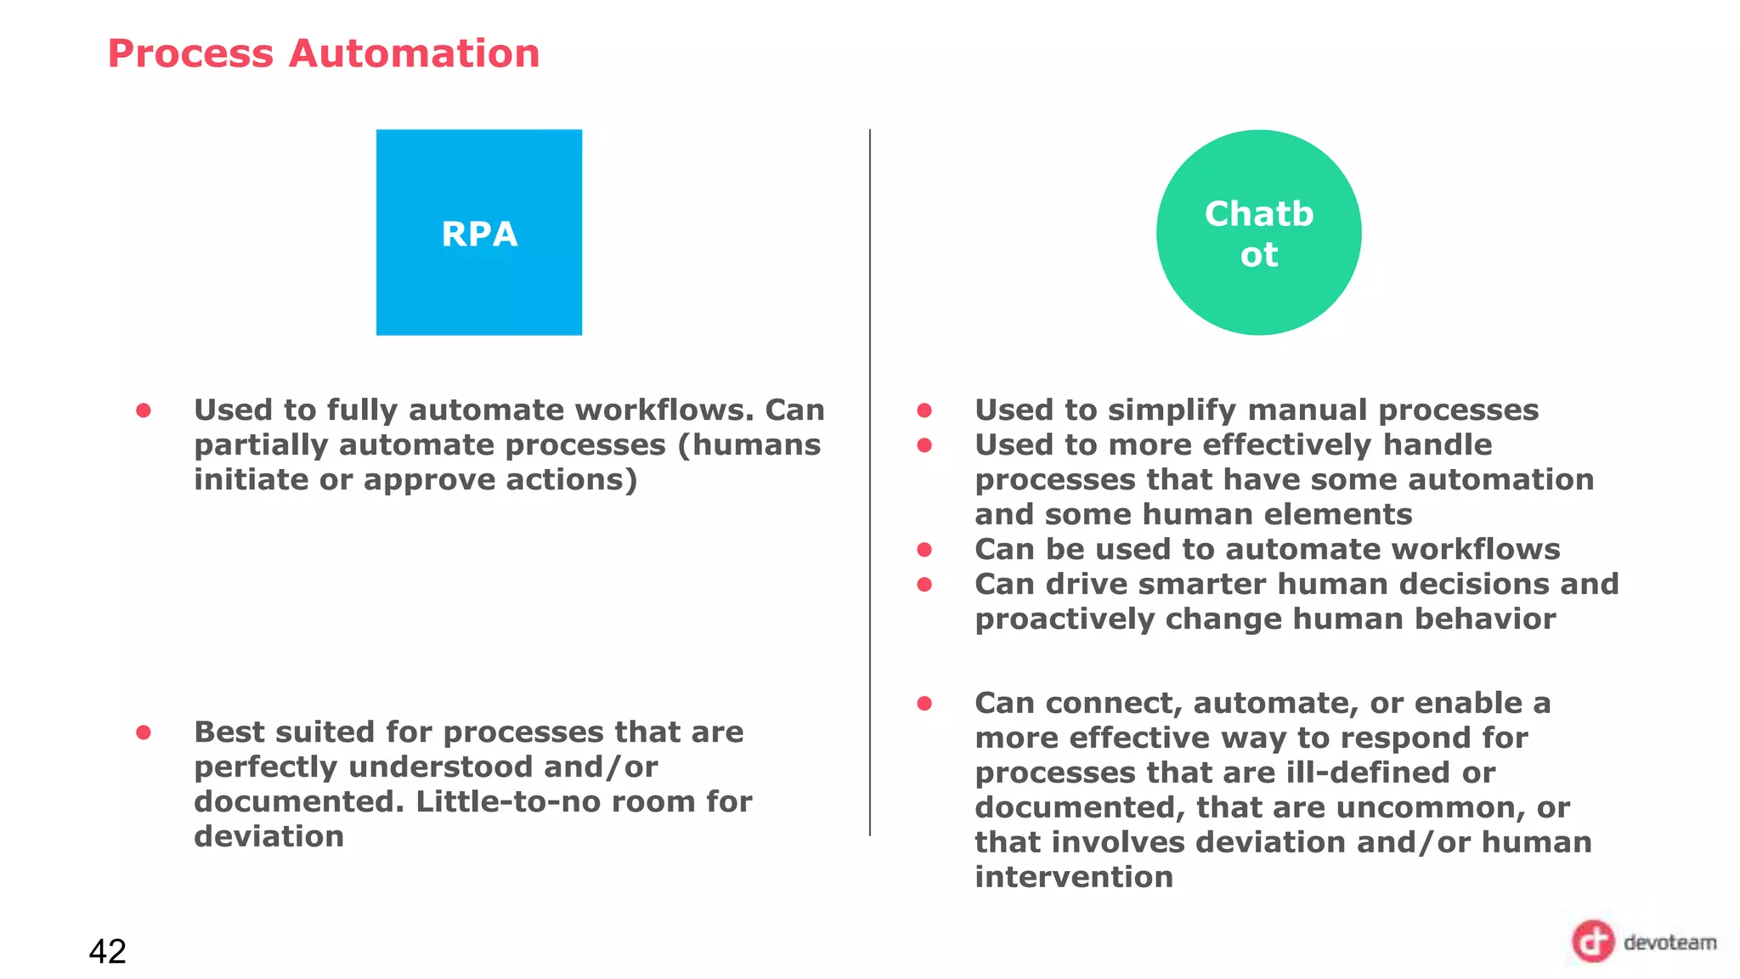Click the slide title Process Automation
tap(324, 54)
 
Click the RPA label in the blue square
tap(479, 234)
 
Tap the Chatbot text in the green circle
tap(1258, 234)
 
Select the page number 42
tap(107, 951)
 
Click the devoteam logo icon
tap(1591, 941)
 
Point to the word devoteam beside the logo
tap(1669, 942)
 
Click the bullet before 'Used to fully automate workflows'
tap(144, 410)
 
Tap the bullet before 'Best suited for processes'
tap(144, 733)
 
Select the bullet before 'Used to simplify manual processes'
tap(924, 410)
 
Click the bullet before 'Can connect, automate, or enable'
tap(924, 703)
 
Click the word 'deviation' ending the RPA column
tap(268, 836)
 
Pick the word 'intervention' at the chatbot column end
tap(1074, 876)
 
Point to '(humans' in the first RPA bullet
tap(749, 445)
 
